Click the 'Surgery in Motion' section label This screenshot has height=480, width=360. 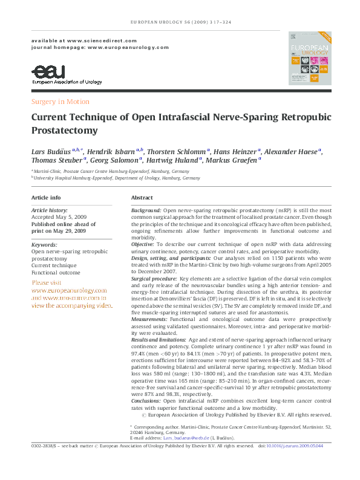[60, 102]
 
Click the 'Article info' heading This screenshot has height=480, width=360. [46, 198]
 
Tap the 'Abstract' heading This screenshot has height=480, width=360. [142, 198]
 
